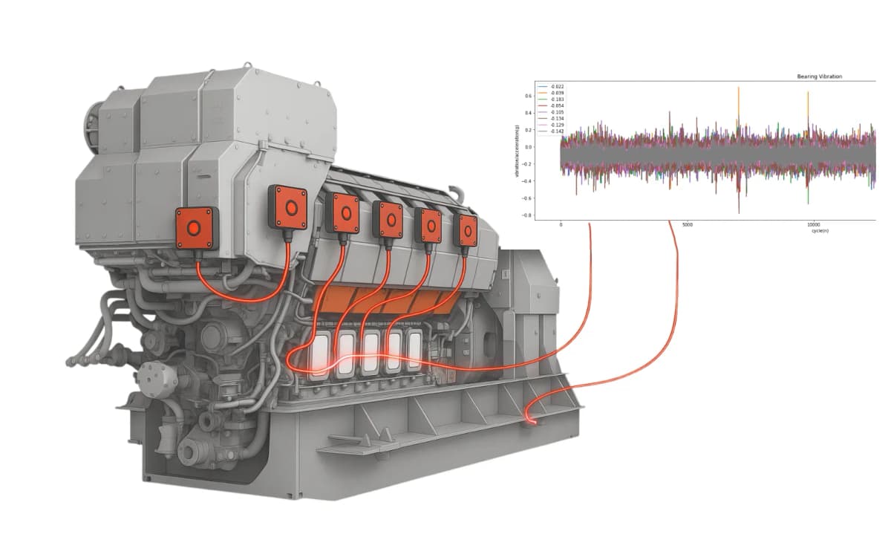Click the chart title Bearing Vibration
819,76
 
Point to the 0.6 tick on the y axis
529,96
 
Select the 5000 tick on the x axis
687,224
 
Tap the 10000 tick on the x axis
813,224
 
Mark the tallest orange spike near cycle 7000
738,89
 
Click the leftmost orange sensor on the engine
195,227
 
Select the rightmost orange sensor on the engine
467,231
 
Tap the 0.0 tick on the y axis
529,147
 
